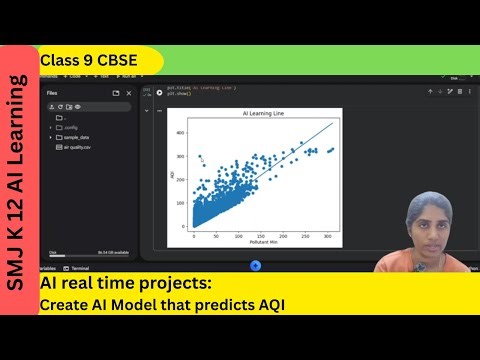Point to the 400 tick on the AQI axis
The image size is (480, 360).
click(181, 132)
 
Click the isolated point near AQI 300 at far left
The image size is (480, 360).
click(200, 156)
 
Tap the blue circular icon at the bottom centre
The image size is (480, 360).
click(255, 265)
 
